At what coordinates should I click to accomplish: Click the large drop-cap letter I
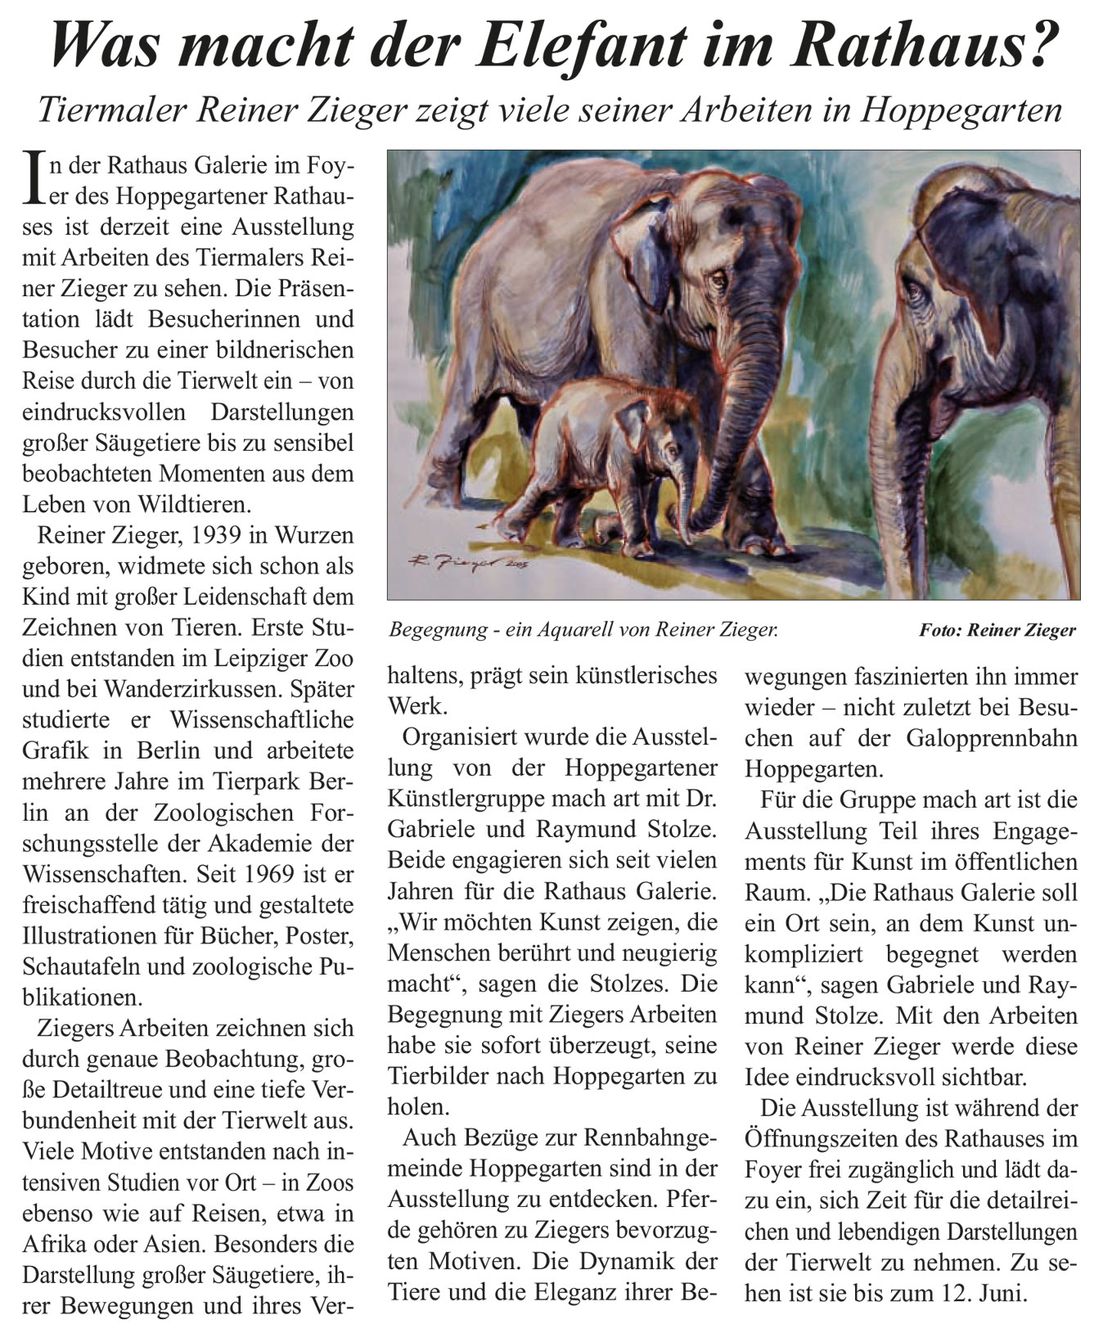pos(32,178)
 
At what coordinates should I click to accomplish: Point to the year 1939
pos(216,537)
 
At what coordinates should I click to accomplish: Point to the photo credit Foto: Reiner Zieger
pos(997,630)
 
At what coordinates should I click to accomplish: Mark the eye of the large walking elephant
pos(719,280)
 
